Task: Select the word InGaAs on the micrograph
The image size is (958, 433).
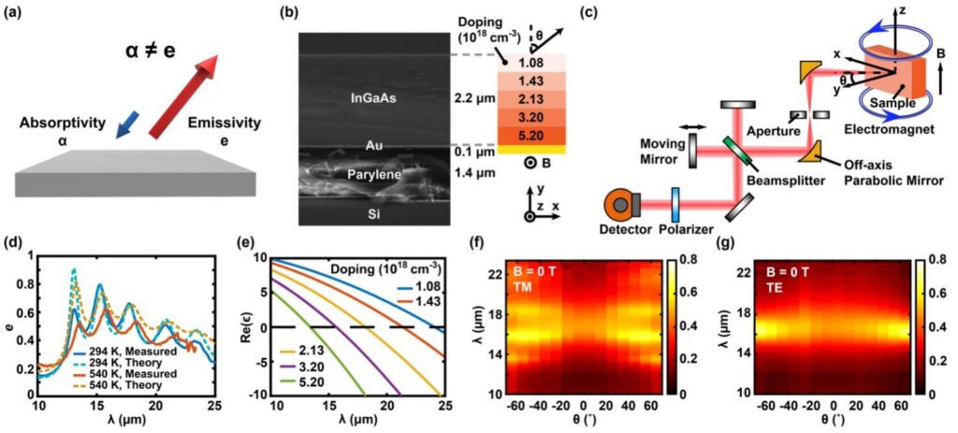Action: click(x=371, y=96)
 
